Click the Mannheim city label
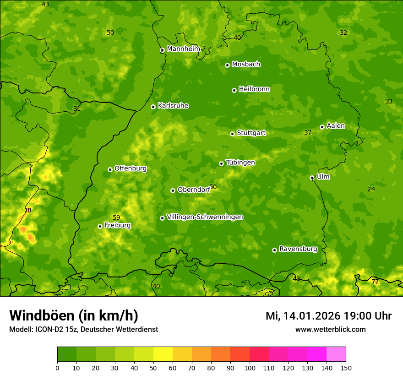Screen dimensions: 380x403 [183, 49]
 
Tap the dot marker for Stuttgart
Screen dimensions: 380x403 [232, 134]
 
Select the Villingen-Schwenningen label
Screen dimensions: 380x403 [205, 217]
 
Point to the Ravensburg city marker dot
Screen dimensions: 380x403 [274, 250]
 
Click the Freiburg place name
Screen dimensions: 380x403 [117, 225]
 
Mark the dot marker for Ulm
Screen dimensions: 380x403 [312, 178]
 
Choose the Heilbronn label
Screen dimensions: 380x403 [254, 89]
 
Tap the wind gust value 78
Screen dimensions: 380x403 [27, 210]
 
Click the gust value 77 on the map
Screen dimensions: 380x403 [375, 282]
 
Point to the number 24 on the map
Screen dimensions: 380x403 [371, 189]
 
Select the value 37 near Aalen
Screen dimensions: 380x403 [308, 132]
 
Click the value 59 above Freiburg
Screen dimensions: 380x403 [116, 217]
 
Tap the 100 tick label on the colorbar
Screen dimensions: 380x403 [250, 368]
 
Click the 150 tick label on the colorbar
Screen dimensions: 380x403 [346, 368]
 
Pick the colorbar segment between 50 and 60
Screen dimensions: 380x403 [163, 354]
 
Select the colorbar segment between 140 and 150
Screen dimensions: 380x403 [336, 354]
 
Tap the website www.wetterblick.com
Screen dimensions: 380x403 [330, 329]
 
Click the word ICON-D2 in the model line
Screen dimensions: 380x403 [48, 329]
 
